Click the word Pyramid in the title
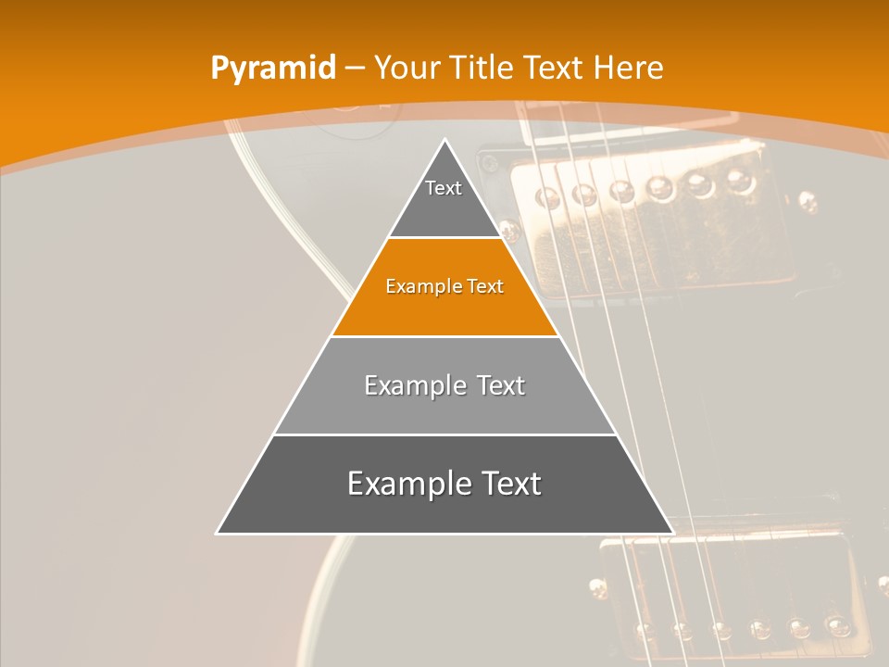tap(273, 68)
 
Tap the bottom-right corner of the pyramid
tap(671, 533)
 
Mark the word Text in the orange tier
tap(486, 287)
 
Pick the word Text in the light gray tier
tap(501, 385)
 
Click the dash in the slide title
tap(355, 69)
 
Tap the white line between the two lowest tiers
tap(444, 434)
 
